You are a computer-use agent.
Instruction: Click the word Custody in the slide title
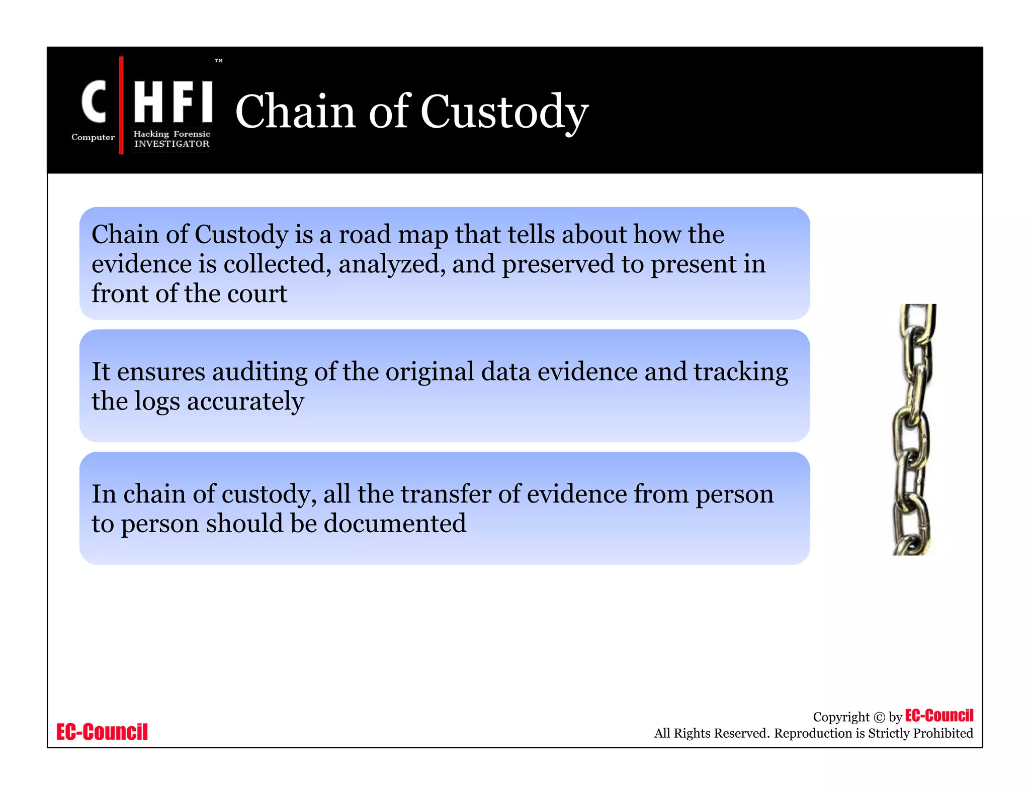[504, 112]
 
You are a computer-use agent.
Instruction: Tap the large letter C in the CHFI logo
[94, 102]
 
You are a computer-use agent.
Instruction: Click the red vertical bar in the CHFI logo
[121, 105]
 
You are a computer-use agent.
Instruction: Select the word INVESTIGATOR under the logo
[171, 144]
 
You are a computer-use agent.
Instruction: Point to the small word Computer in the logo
[93, 137]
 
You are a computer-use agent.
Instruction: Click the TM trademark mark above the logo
[219, 61]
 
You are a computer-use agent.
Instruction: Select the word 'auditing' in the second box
[260, 372]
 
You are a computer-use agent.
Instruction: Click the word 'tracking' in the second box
[741, 372]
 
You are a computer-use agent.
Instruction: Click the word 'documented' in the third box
[395, 524]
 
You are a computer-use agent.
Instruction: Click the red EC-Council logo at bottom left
[102, 732]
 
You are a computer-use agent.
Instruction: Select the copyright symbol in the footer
[879, 718]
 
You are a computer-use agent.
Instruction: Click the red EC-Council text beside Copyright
[939, 716]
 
